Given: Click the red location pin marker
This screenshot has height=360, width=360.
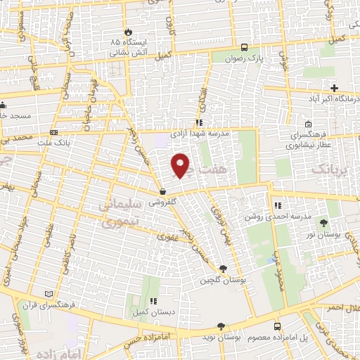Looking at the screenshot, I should click(x=181, y=166).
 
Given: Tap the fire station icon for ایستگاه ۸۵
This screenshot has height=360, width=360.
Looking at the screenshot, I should click(x=128, y=32).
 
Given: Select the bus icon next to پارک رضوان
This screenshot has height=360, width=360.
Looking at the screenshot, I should click(x=243, y=48).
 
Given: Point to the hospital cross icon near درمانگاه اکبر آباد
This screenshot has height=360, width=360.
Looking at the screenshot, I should click(x=334, y=88).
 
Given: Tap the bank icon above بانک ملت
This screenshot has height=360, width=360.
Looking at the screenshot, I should click(x=54, y=132).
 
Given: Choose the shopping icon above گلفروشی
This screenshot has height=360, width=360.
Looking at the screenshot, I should click(x=162, y=191).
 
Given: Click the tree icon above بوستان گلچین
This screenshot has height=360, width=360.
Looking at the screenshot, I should click(x=223, y=269).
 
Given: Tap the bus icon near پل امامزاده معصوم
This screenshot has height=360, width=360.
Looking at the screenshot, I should click(x=277, y=327).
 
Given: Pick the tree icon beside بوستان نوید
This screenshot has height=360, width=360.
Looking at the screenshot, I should click(x=221, y=326).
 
